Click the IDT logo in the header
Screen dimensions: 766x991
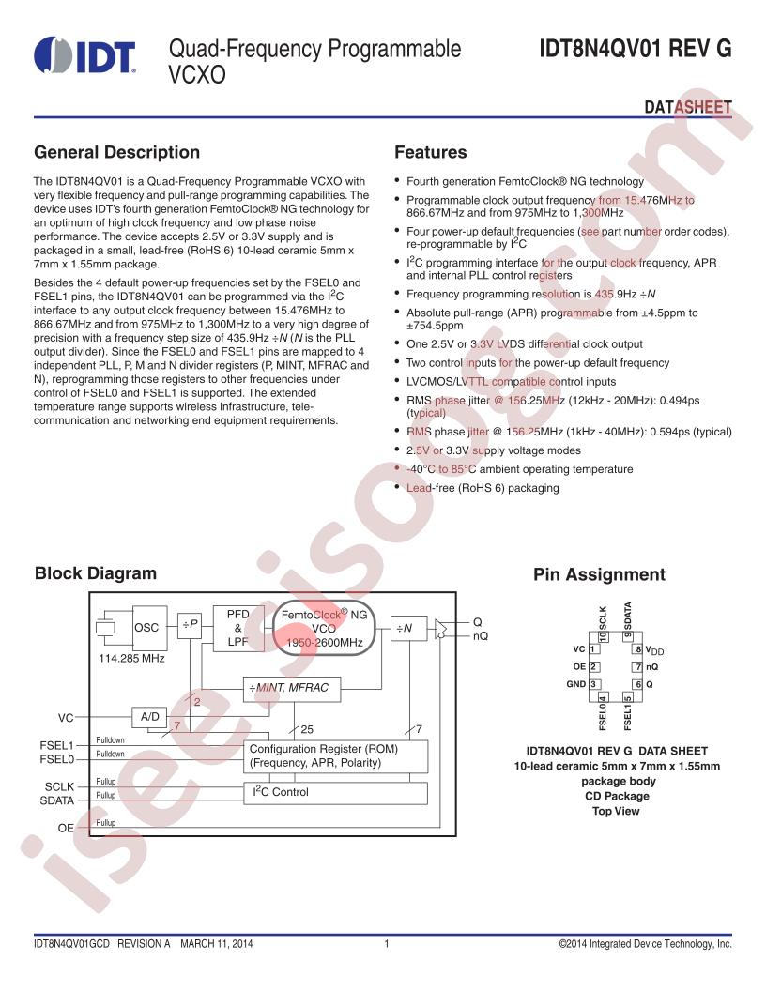(84, 55)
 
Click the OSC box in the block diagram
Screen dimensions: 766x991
(150, 628)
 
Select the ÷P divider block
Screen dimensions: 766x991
(190, 625)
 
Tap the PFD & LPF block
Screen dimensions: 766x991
(238, 628)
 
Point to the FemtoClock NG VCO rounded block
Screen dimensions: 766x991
(324, 628)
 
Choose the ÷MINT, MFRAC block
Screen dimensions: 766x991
(291, 688)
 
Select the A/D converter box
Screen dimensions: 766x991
(150, 717)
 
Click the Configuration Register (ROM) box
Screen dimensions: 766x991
(336, 755)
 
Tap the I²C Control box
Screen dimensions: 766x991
(336, 793)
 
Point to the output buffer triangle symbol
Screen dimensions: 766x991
(441, 630)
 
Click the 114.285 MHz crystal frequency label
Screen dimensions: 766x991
(131, 659)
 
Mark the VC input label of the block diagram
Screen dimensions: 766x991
(66, 718)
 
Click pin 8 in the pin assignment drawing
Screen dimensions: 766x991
(638, 649)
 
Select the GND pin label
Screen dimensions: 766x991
(575, 684)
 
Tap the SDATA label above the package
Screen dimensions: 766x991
(628, 616)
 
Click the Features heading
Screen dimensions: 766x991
(430, 152)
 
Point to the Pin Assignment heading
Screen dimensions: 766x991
(599, 574)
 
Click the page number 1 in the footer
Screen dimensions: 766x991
(386, 943)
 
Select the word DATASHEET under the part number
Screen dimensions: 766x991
(688, 107)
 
